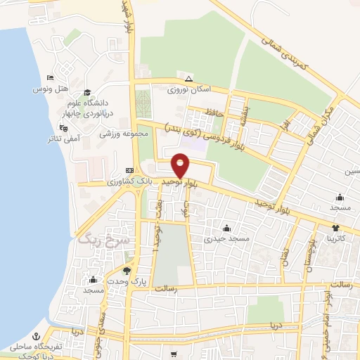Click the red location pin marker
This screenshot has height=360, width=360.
tap(181, 165)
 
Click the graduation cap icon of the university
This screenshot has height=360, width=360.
tap(87, 92)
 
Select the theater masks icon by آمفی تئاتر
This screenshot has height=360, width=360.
tap(64, 128)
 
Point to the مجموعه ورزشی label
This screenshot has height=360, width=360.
tap(124, 134)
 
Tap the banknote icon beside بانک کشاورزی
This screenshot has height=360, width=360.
tap(129, 170)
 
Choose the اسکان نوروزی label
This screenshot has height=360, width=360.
tap(186, 91)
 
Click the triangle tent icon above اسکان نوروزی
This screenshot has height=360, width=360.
tap(188, 78)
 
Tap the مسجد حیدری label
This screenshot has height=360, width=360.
tap(226, 240)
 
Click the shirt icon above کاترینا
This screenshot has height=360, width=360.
tap(335, 227)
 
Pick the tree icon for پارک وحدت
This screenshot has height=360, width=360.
tap(127, 271)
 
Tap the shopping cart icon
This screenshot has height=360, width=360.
tap(172, 355)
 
